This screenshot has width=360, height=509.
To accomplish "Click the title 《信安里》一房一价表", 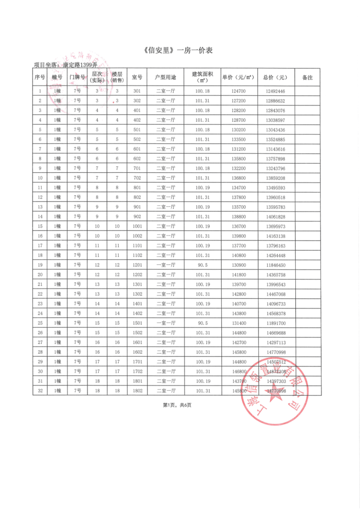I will click(180, 50).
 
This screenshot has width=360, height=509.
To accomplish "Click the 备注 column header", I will click(307, 77).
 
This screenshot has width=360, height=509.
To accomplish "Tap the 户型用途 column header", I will click(166, 77).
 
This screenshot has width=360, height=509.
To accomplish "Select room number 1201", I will click(137, 265).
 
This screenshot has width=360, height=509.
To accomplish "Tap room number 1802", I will click(137, 390).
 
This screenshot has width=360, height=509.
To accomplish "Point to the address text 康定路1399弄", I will click(79, 65).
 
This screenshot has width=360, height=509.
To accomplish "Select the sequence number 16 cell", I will click(40, 236).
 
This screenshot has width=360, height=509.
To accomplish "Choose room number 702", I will click(137, 178).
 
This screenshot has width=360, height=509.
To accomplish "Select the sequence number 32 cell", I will click(40, 390).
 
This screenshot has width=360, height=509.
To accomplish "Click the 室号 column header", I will click(137, 77).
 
